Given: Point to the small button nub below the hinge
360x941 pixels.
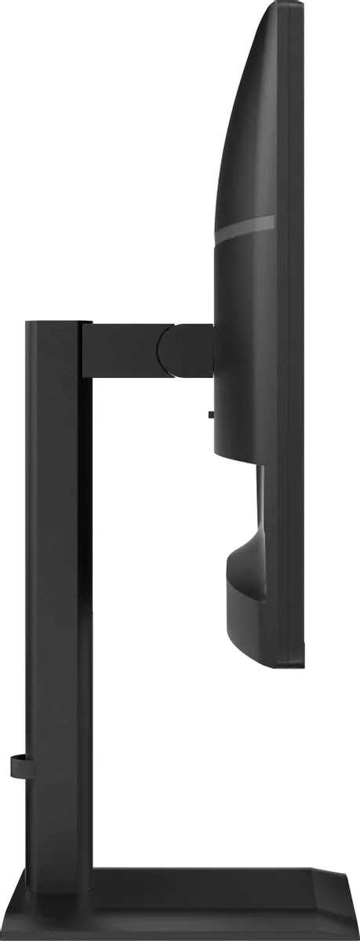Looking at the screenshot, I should (211, 413).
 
